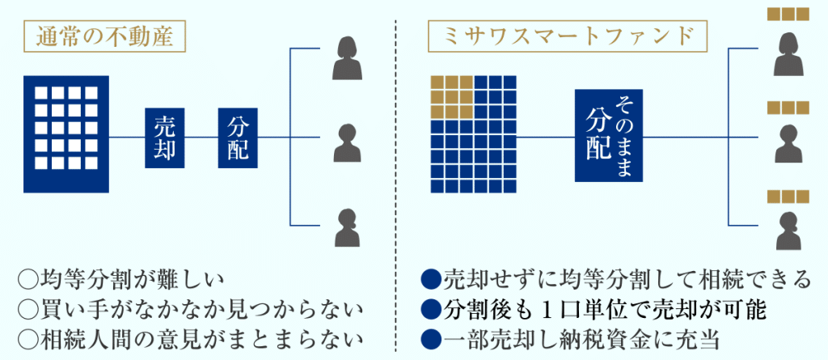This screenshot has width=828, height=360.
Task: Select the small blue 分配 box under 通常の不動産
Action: pyautogui.click(x=238, y=138)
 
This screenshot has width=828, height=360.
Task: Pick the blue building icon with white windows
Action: pyautogui.click(x=65, y=134)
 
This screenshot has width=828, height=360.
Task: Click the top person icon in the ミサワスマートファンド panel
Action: pyautogui.click(x=788, y=52)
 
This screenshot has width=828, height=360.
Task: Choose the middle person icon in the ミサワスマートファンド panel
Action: pyautogui.click(x=788, y=143)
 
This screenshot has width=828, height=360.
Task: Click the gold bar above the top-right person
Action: pyautogui.click(x=788, y=14)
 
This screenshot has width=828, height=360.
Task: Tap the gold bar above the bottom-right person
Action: pyautogui.click(x=788, y=196)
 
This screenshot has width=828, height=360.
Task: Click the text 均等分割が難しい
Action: pyautogui.click(x=129, y=280)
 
